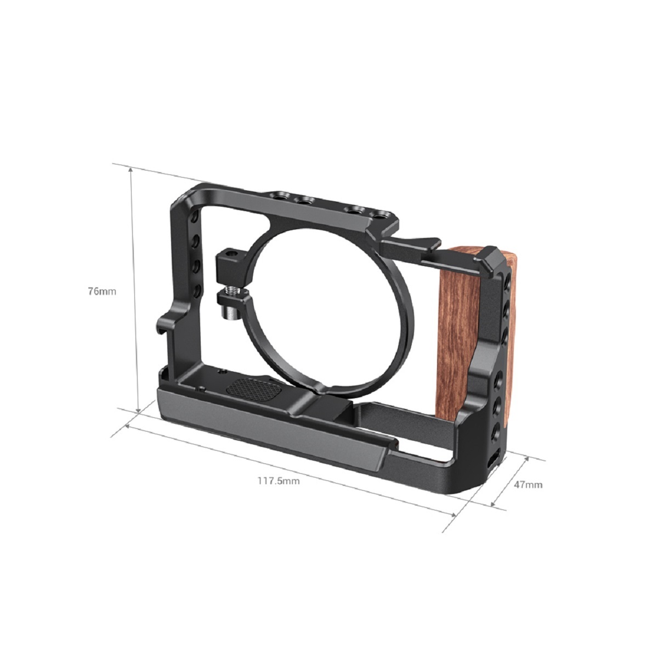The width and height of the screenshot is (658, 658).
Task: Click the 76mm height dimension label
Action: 102,291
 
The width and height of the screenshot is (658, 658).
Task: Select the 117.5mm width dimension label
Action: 279,481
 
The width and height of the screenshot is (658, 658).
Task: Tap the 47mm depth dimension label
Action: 528,484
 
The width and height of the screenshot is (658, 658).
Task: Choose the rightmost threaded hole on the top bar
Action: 379,213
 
